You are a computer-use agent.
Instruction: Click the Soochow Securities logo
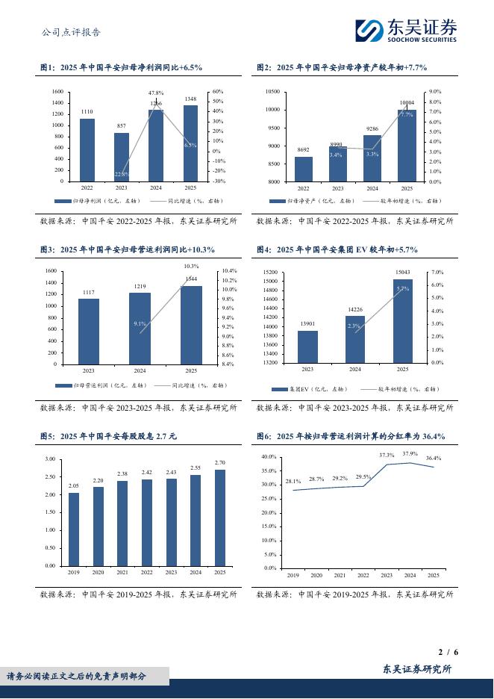pos(405,30)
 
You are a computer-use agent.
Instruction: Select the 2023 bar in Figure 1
pos(122,157)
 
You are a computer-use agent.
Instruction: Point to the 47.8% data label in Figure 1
pos(156,93)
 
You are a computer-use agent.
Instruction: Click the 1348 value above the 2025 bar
pos(190,99)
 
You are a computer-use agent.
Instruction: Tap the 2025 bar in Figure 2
pos(407,146)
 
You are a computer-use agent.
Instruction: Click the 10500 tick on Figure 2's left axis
pos(272,92)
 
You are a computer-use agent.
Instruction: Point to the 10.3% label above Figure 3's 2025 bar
pos(190,266)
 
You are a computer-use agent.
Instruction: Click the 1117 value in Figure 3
pos(88,292)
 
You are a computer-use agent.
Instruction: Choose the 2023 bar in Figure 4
pos(307,347)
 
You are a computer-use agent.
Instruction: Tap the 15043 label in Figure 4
pos(402,273)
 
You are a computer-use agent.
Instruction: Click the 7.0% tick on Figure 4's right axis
pos(438,273)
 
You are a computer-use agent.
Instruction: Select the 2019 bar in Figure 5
pos(74,529)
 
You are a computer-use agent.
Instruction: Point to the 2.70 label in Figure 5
pos(220,463)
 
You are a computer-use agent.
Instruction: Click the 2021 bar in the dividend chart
pos(122,523)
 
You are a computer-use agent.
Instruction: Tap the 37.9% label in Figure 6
pos(410,454)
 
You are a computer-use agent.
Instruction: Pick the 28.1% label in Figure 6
pos(293,482)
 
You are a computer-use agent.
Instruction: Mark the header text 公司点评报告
pos(71,32)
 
